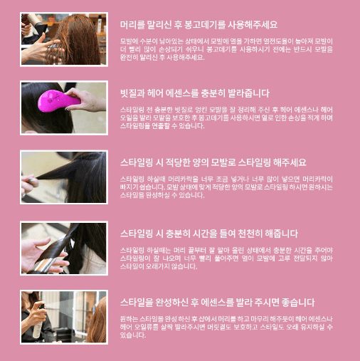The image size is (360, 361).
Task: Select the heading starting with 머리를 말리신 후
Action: [x=198, y=24]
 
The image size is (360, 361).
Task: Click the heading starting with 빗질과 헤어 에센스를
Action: [x=194, y=93]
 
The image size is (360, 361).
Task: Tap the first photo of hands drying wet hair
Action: [x=63, y=38]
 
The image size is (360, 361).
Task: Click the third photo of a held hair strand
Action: [x=63, y=177]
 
